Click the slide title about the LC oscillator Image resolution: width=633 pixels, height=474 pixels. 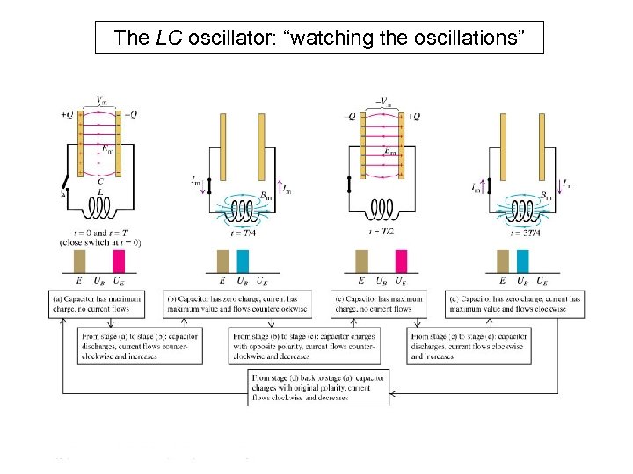[x=319, y=38]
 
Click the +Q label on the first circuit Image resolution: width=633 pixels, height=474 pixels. [x=67, y=115]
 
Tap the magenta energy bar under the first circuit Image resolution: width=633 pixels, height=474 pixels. [x=119, y=262]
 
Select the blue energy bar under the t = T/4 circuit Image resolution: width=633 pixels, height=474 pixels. [x=244, y=262]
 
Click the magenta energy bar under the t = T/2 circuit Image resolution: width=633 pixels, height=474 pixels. [x=401, y=262]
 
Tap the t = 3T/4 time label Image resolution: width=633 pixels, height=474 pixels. [x=524, y=232]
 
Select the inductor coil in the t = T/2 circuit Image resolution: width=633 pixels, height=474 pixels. [x=383, y=209]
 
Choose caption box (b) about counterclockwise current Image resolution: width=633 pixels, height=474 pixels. [x=243, y=304]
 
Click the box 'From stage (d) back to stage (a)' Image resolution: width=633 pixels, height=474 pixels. [x=319, y=386]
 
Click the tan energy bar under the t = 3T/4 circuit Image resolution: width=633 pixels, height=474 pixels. [x=503, y=262]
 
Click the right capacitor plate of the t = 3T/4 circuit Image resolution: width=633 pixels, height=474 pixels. [x=542, y=145]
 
